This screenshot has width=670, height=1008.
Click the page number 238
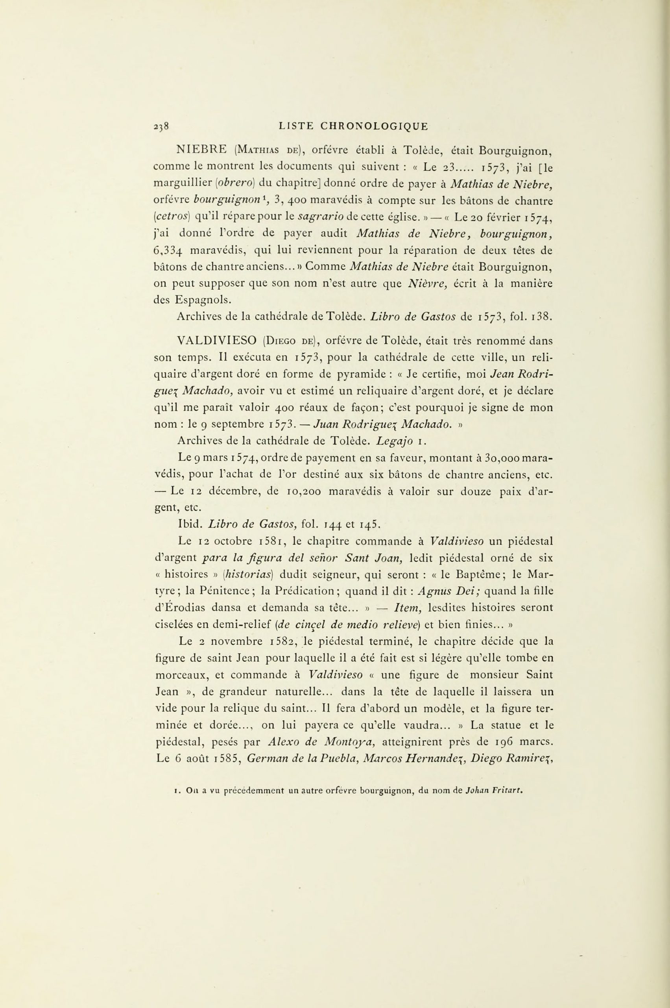[162, 126]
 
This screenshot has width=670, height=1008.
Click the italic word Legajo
[393, 440]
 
